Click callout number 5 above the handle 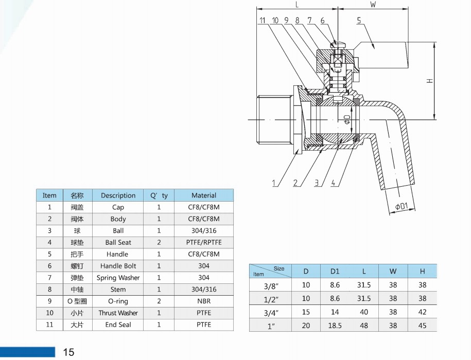pos(359,20)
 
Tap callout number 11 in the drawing pos(263,20)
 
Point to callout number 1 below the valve pos(274,183)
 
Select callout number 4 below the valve pos(333,183)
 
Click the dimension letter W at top pos(373,5)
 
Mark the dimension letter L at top pos(297,5)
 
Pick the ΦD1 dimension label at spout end pos(402,206)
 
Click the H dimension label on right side pos(430,81)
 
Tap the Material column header pos(204,195)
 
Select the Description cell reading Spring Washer pos(118,278)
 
